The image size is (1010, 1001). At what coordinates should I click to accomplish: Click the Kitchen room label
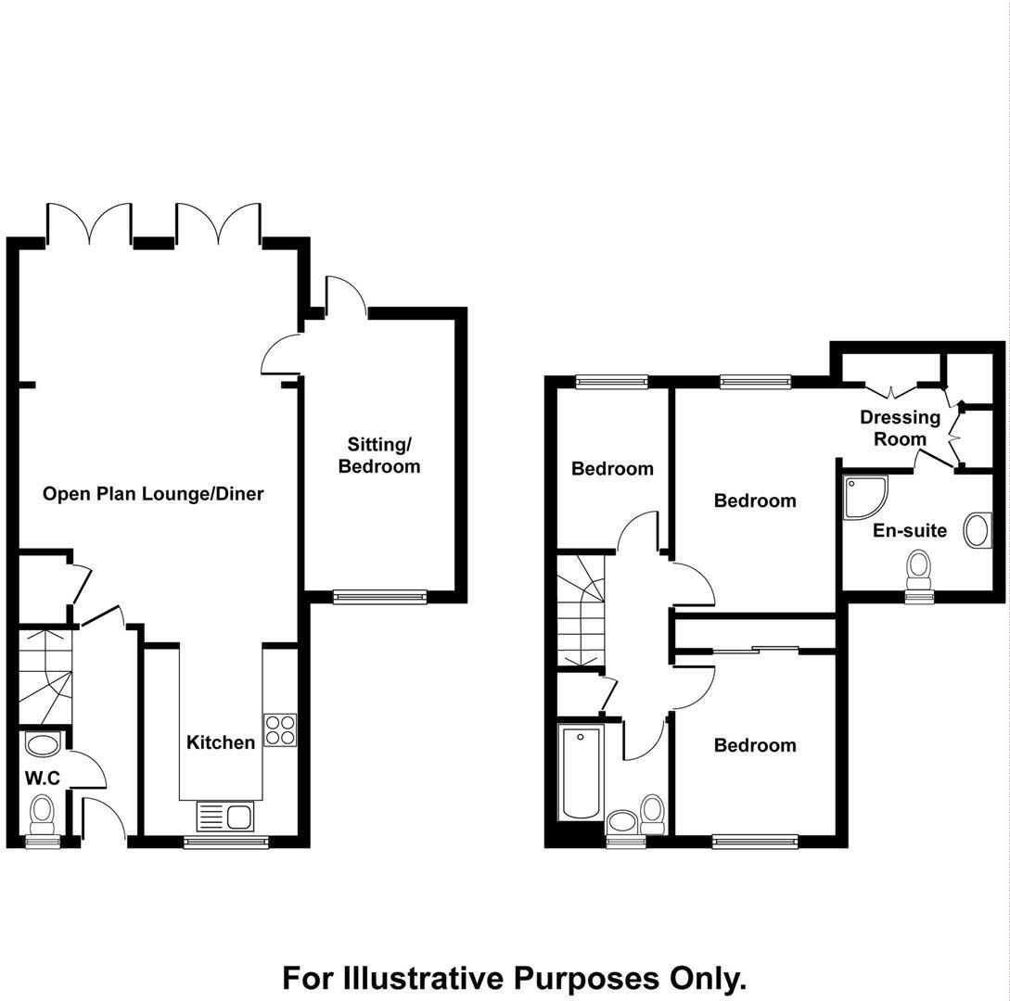(x=221, y=742)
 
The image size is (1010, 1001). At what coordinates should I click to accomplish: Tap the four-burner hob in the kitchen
(x=280, y=730)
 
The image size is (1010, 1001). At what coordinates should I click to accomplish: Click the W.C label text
(x=43, y=779)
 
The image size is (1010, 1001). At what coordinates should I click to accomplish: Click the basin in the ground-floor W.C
(x=43, y=743)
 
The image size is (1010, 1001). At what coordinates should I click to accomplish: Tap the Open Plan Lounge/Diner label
(x=153, y=494)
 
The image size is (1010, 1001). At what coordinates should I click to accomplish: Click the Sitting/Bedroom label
(x=378, y=456)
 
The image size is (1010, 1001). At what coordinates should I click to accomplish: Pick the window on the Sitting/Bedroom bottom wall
(x=379, y=597)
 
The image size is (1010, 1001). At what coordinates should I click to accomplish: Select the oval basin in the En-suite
(x=978, y=530)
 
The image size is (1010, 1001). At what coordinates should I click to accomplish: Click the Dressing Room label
(x=900, y=428)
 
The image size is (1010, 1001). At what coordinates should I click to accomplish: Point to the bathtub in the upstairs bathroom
(x=581, y=773)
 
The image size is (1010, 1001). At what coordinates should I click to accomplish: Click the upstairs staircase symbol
(x=580, y=610)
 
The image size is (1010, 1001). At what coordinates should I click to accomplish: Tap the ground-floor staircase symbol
(x=45, y=675)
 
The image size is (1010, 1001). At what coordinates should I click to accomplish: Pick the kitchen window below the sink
(x=226, y=842)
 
